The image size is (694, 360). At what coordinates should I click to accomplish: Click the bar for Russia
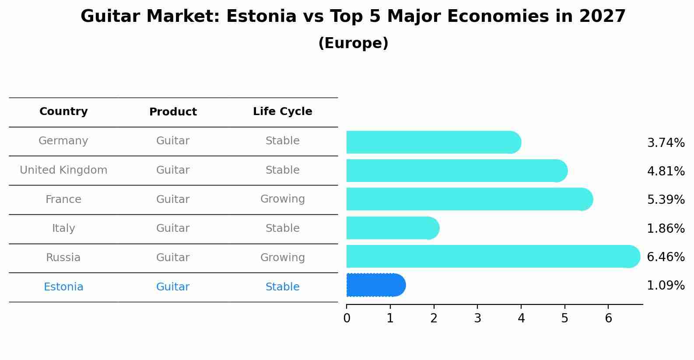tap(493, 256)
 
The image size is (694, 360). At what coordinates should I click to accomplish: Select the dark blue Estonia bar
tap(376, 285)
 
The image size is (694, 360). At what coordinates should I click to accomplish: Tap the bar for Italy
tap(393, 228)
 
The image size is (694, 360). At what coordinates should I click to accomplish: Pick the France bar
tap(470, 199)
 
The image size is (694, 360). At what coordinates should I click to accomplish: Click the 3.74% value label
tap(666, 143)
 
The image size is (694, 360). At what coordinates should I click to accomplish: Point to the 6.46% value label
tap(666, 257)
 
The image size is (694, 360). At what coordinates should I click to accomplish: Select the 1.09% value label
tap(666, 285)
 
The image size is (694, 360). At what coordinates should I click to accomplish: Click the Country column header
tap(63, 111)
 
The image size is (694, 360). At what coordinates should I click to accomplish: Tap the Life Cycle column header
tap(283, 111)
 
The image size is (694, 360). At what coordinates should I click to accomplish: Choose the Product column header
tap(173, 112)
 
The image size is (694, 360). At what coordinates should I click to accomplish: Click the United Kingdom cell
tap(63, 170)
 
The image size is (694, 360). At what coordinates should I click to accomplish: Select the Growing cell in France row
tap(283, 199)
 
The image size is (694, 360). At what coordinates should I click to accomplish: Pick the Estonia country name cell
tap(63, 287)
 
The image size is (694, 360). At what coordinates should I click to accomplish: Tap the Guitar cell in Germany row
tap(173, 141)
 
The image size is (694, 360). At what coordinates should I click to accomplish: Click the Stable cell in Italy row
tap(283, 228)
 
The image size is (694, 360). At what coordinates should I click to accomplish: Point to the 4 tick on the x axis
tap(521, 306)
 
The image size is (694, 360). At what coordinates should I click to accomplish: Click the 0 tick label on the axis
tap(347, 318)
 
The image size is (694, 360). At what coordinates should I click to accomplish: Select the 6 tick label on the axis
tap(609, 318)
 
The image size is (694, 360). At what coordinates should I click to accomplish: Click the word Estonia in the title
tap(261, 16)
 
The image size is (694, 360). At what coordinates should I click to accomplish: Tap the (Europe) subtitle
tap(353, 43)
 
